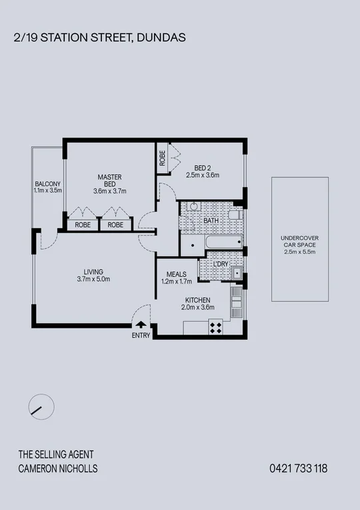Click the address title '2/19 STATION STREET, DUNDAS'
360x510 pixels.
pyautogui.click(x=99, y=39)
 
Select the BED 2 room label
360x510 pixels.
pyautogui.click(x=203, y=171)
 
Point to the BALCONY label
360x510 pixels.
pyautogui.click(x=48, y=187)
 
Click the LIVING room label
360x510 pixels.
pyautogui.click(x=93, y=275)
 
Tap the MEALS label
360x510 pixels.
pyautogui.click(x=176, y=278)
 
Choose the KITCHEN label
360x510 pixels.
pyautogui.click(x=198, y=304)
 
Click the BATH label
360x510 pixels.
pyautogui.click(x=211, y=220)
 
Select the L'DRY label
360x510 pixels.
pyautogui.click(x=220, y=265)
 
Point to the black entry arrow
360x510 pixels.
pyautogui.click(x=141, y=325)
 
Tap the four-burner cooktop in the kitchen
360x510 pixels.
pyautogui.click(x=216, y=327)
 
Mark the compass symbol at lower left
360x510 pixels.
pyautogui.click(x=41, y=407)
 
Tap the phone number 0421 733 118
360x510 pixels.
pyautogui.click(x=298, y=469)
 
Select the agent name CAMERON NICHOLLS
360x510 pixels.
pyautogui.click(x=57, y=469)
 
